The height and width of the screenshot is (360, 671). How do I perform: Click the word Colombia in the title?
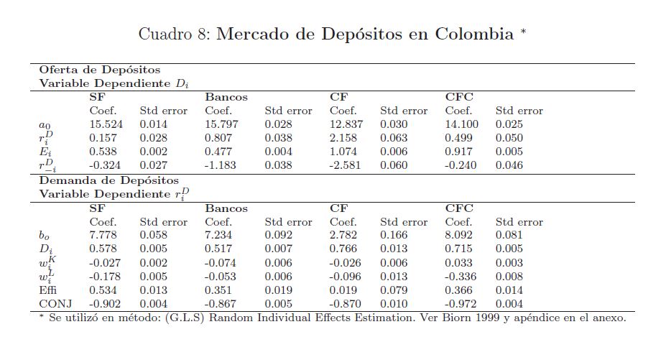click(x=474, y=34)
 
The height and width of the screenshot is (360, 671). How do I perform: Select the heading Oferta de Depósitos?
click(x=99, y=70)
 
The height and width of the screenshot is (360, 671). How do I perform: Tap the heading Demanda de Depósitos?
click(x=108, y=180)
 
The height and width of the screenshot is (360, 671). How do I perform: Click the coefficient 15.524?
click(x=106, y=124)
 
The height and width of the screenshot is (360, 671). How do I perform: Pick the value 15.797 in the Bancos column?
click(x=222, y=124)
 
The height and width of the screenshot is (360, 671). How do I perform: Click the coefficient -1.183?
click(x=221, y=165)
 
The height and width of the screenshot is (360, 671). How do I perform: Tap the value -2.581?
click(x=346, y=165)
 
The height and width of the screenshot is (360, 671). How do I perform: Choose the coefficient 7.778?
click(x=103, y=235)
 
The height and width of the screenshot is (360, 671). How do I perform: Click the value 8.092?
click(x=459, y=235)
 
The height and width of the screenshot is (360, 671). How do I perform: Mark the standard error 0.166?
click(x=394, y=235)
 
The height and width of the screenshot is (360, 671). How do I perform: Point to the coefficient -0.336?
click(x=461, y=276)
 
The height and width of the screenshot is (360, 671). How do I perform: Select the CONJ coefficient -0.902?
click(x=105, y=303)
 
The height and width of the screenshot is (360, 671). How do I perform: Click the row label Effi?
click(x=47, y=290)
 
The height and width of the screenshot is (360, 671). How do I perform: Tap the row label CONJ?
click(x=53, y=303)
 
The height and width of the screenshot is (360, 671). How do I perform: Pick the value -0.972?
click(x=461, y=303)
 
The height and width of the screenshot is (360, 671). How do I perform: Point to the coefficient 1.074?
click(x=344, y=152)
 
